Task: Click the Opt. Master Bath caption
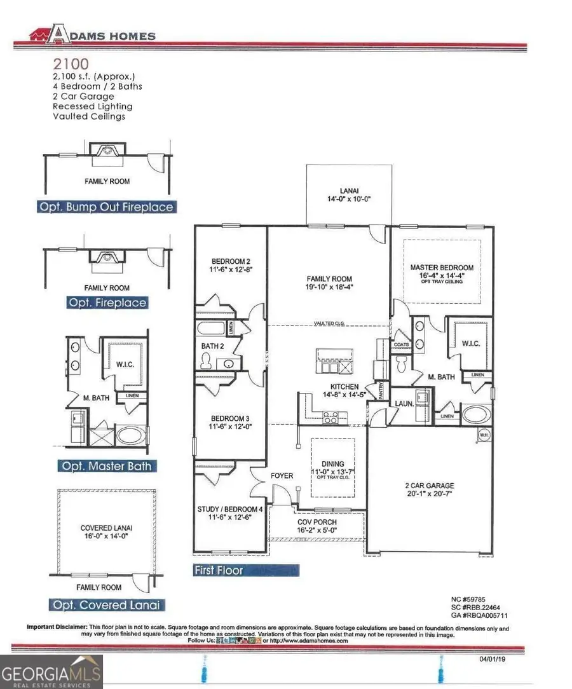pyautogui.click(x=106, y=466)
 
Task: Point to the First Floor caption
pyautogui.click(x=219, y=570)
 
